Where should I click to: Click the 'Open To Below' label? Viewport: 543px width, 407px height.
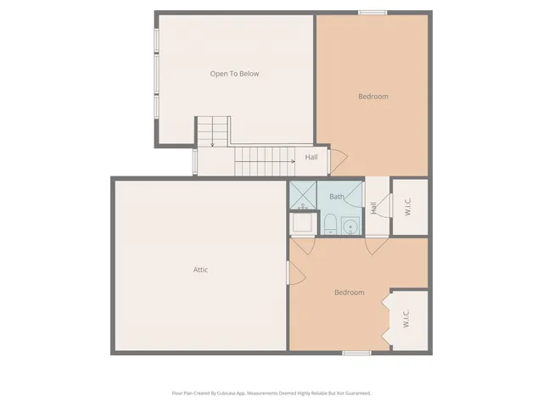tap(234, 74)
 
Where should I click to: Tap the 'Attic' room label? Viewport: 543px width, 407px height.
tap(200, 270)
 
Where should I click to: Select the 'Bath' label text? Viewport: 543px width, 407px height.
tap(337, 197)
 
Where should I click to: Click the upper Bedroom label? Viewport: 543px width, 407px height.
tap(372, 97)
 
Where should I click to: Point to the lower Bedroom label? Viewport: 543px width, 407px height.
tap(349, 293)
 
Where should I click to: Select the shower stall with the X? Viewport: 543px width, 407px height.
tap(301, 196)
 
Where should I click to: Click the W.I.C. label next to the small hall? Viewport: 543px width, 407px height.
tap(408, 206)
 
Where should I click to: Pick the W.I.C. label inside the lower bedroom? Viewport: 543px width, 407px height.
tap(406, 319)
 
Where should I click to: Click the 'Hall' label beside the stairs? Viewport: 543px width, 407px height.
tap(311, 158)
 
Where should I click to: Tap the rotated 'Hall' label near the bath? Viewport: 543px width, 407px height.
tap(373, 207)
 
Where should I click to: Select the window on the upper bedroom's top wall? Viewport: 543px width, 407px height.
tap(372, 12)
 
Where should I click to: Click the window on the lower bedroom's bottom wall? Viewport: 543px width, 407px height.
tap(356, 352)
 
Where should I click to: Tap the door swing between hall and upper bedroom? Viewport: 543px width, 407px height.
tap(337, 159)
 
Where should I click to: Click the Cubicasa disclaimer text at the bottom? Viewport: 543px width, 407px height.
tap(271, 393)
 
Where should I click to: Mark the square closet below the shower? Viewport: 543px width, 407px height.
tap(301, 224)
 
